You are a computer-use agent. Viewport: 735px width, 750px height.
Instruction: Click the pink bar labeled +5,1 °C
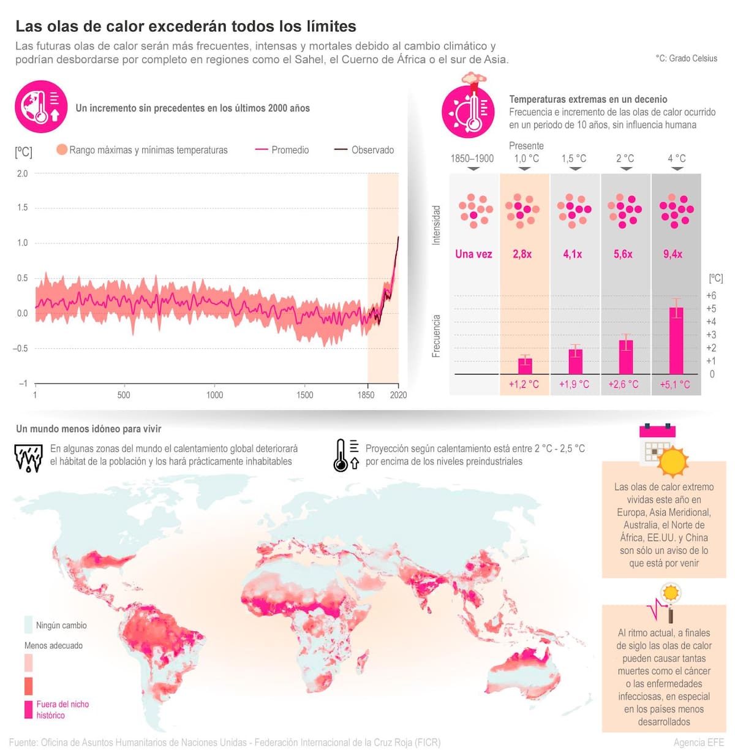click(676, 341)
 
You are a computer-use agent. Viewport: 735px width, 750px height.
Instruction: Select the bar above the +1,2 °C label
click(525, 366)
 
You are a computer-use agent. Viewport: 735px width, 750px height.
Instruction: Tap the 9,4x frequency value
click(673, 254)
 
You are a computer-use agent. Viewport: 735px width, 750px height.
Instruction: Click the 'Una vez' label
click(473, 254)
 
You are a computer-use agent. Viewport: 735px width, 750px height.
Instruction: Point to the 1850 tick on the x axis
click(366, 395)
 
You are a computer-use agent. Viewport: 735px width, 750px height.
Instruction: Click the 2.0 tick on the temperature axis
click(22, 173)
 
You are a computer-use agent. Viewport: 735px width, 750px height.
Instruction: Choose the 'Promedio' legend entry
click(282, 150)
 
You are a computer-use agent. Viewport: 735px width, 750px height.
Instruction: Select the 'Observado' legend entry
click(364, 150)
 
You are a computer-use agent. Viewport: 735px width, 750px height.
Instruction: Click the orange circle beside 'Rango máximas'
click(62, 150)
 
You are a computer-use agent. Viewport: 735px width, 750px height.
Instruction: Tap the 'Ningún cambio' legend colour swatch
click(28, 624)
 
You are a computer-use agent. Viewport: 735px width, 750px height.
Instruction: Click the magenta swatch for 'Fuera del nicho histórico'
click(28, 709)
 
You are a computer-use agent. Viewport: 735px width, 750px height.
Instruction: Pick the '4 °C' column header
click(677, 159)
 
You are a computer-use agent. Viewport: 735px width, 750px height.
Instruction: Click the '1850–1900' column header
click(472, 159)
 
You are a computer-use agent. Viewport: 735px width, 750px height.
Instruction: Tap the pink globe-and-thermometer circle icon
click(41, 107)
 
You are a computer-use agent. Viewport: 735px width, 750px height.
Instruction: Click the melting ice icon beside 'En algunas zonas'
click(28, 458)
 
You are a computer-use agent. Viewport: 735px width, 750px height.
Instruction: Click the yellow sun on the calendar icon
click(673, 461)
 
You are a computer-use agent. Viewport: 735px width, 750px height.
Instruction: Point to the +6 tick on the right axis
click(711, 296)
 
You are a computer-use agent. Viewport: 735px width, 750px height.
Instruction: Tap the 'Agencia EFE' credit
click(699, 742)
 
